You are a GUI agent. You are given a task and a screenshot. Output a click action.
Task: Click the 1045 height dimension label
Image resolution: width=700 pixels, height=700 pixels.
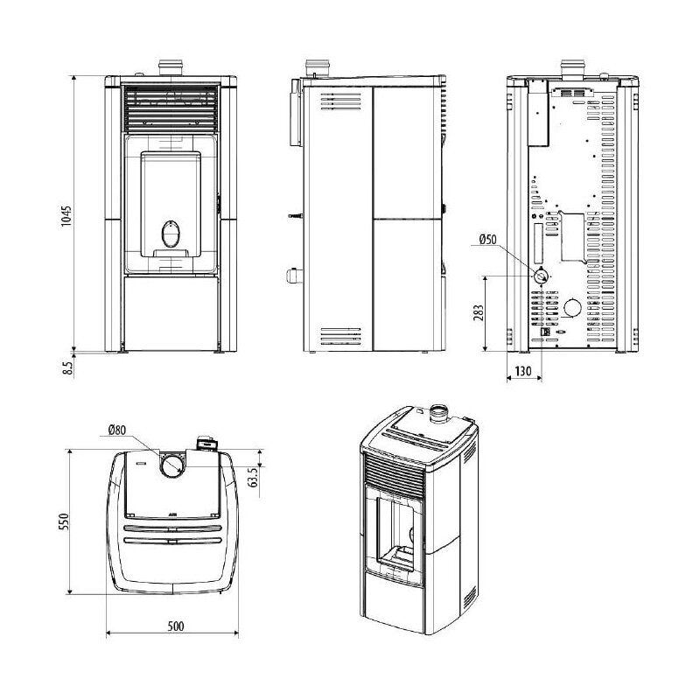66,215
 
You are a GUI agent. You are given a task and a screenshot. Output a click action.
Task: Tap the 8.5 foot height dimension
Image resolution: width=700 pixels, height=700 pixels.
67,368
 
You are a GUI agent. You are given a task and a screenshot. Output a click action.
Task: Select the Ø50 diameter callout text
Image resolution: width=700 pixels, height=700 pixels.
487,239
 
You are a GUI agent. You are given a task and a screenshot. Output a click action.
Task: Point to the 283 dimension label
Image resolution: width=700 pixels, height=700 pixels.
479,313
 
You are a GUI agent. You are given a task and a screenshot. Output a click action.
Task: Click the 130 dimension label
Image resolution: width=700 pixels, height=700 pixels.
523,371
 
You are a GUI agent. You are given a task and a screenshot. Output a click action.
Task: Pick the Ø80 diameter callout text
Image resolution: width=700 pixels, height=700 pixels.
117,430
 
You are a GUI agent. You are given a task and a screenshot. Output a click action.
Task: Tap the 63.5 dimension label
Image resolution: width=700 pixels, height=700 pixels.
255,477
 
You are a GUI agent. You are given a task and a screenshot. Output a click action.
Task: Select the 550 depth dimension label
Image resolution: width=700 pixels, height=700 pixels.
64,521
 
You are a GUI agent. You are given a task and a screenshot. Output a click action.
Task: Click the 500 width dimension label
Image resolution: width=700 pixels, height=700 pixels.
176,626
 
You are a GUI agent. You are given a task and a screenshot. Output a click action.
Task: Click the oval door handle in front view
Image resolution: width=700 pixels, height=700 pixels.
171,234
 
